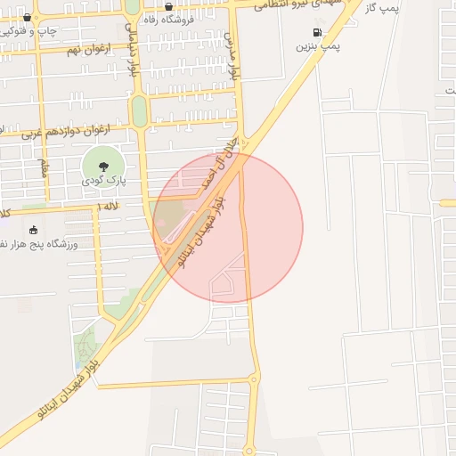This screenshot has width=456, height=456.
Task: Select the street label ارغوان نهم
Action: tap(88, 48)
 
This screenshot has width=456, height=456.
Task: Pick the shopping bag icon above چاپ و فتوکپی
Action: tap(28, 17)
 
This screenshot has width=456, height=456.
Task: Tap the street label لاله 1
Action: tap(110, 207)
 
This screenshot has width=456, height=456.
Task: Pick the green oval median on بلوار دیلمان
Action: tap(139, 110)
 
